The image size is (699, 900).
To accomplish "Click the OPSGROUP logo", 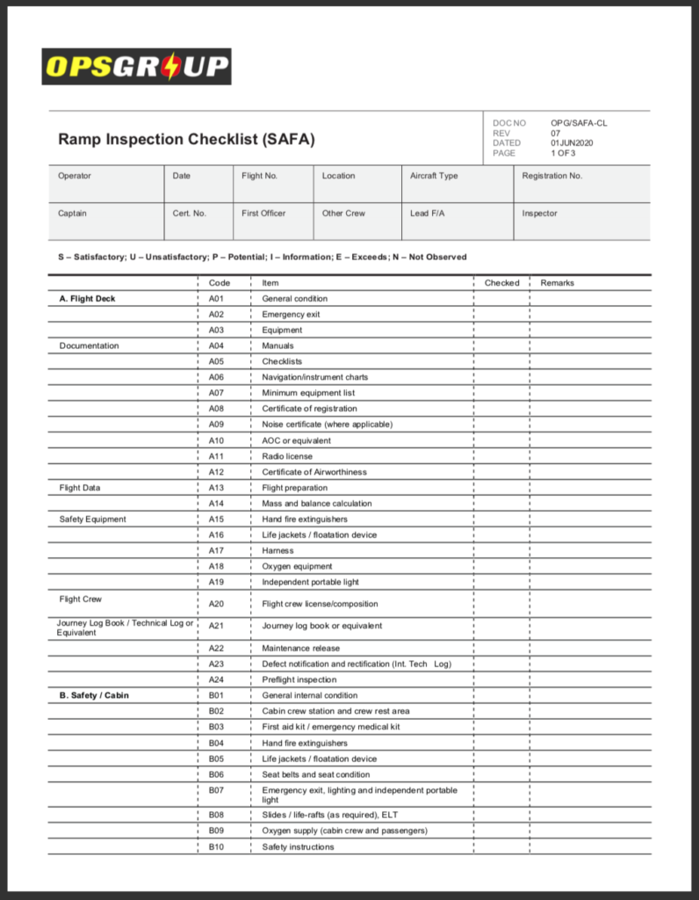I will [136, 67].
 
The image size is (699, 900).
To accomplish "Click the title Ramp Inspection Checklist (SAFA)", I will [186, 139].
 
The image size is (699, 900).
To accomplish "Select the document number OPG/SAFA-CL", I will [579, 123].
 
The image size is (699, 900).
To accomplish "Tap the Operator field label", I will [75, 176].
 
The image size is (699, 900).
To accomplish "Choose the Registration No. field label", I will [551, 176].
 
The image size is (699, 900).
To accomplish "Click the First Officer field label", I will [263, 213].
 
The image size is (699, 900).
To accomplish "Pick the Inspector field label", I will [539, 213].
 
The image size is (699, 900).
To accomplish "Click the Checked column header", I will [501, 283].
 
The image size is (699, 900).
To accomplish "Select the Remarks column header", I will [557, 283].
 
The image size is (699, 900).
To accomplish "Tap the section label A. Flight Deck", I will [87, 299].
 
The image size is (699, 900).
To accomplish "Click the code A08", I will [216, 409].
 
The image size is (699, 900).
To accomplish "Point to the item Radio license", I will [287, 456].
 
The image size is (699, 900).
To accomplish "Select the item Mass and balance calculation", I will [316, 504].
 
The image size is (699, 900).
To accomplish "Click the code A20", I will [216, 604].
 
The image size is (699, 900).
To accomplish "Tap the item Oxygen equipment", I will [297, 566].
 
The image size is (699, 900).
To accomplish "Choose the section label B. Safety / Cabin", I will [94, 695].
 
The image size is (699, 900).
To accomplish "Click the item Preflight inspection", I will [299, 679].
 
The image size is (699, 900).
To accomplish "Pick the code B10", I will [216, 847].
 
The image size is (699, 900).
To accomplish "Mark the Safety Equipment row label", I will [92, 519].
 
